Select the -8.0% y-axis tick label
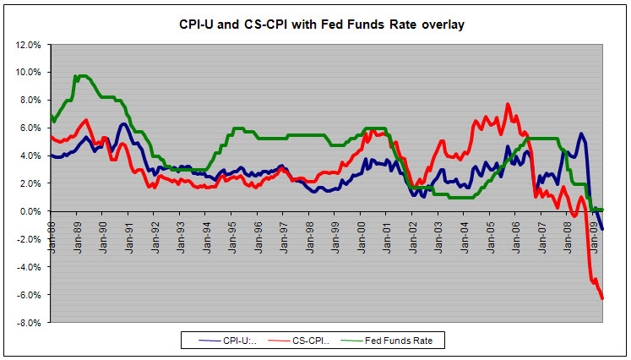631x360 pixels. [x=31, y=322]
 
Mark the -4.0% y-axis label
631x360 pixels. [x=31, y=267]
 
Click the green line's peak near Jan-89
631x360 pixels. [x=80, y=75]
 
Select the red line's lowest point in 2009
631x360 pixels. [x=602, y=298]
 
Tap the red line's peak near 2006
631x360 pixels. [x=508, y=104]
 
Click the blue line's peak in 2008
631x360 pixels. [x=581, y=134]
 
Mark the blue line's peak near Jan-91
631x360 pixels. [x=124, y=124]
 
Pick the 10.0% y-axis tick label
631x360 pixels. [x=30, y=73]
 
